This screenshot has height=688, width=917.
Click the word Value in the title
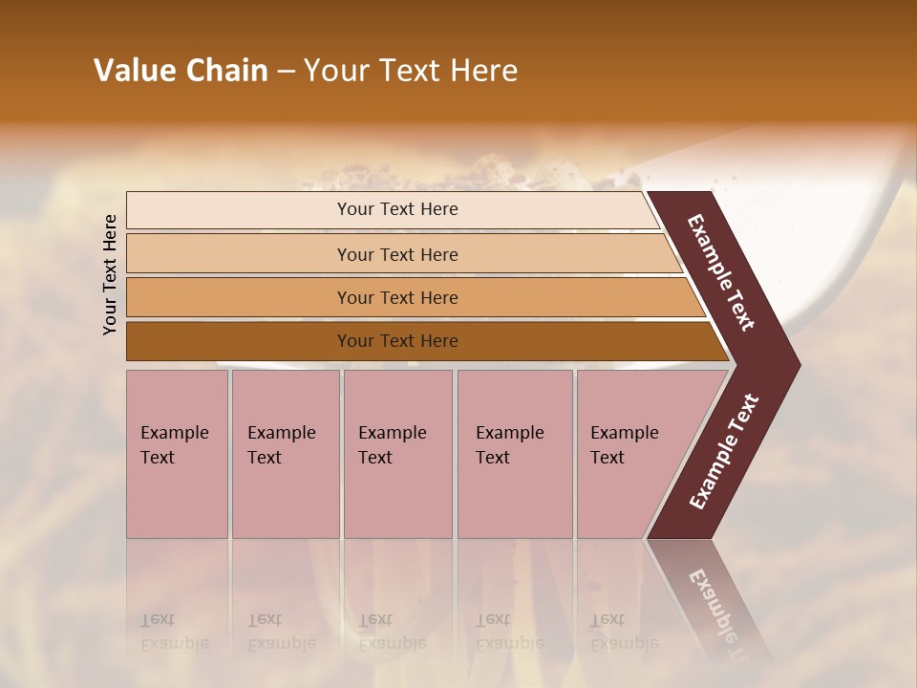(135, 71)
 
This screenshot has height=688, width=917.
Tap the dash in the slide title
(286, 72)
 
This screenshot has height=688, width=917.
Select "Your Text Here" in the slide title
(411, 71)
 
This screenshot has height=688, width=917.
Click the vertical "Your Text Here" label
(110, 274)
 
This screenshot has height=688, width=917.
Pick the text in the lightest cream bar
(397, 209)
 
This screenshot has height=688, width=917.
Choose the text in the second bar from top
(397, 255)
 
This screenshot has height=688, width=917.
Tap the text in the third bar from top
(397, 298)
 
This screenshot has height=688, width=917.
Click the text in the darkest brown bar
(397, 341)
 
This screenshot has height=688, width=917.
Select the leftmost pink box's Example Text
(174, 445)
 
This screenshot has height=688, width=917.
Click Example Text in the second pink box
(281, 445)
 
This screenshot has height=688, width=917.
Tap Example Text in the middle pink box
(392, 445)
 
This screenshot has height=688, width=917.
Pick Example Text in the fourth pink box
(509, 445)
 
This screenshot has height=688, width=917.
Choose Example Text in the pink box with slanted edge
(624, 445)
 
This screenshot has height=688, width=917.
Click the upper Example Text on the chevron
(721, 272)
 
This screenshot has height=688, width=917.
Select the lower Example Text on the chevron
(724, 452)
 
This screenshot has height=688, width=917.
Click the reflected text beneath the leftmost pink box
(174, 632)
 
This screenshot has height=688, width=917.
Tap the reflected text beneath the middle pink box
(392, 632)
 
